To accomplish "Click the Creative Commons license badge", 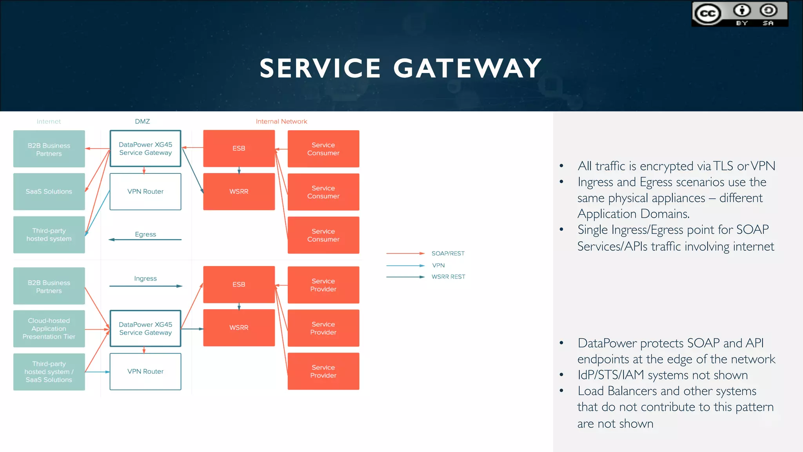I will click(739, 14).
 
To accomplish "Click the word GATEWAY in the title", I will click(467, 68).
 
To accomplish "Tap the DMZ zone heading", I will click(142, 122).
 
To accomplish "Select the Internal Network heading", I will click(281, 122).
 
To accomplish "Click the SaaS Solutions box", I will click(49, 191).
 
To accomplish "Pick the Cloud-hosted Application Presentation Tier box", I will click(49, 329).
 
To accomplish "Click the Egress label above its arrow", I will click(145, 234).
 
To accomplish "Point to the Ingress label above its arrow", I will click(145, 279).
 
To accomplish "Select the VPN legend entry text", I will click(438, 266).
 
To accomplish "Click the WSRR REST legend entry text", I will click(448, 277).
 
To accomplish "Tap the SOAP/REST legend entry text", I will click(448, 253).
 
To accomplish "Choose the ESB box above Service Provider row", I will click(239, 284).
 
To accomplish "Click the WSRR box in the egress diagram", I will click(239, 191).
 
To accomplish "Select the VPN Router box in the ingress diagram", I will click(145, 372).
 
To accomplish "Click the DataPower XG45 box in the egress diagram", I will click(145, 149).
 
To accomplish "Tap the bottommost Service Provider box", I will click(323, 371).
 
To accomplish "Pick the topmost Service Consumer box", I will click(323, 149).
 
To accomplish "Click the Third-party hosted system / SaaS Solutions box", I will click(49, 372).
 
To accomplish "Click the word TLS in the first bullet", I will click(723, 166).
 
